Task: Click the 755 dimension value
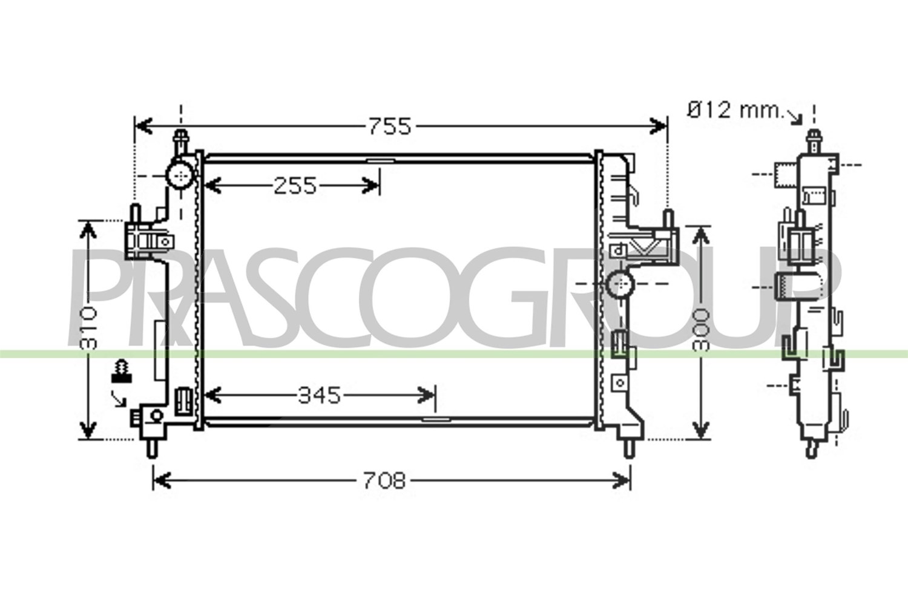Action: tap(390, 126)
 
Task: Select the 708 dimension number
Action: tap(384, 481)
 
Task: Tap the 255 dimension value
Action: tap(295, 186)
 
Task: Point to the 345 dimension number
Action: tap(319, 396)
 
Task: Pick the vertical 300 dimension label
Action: tap(700, 331)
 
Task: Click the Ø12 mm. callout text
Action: tap(735, 110)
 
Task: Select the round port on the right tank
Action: tap(620, 284)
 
